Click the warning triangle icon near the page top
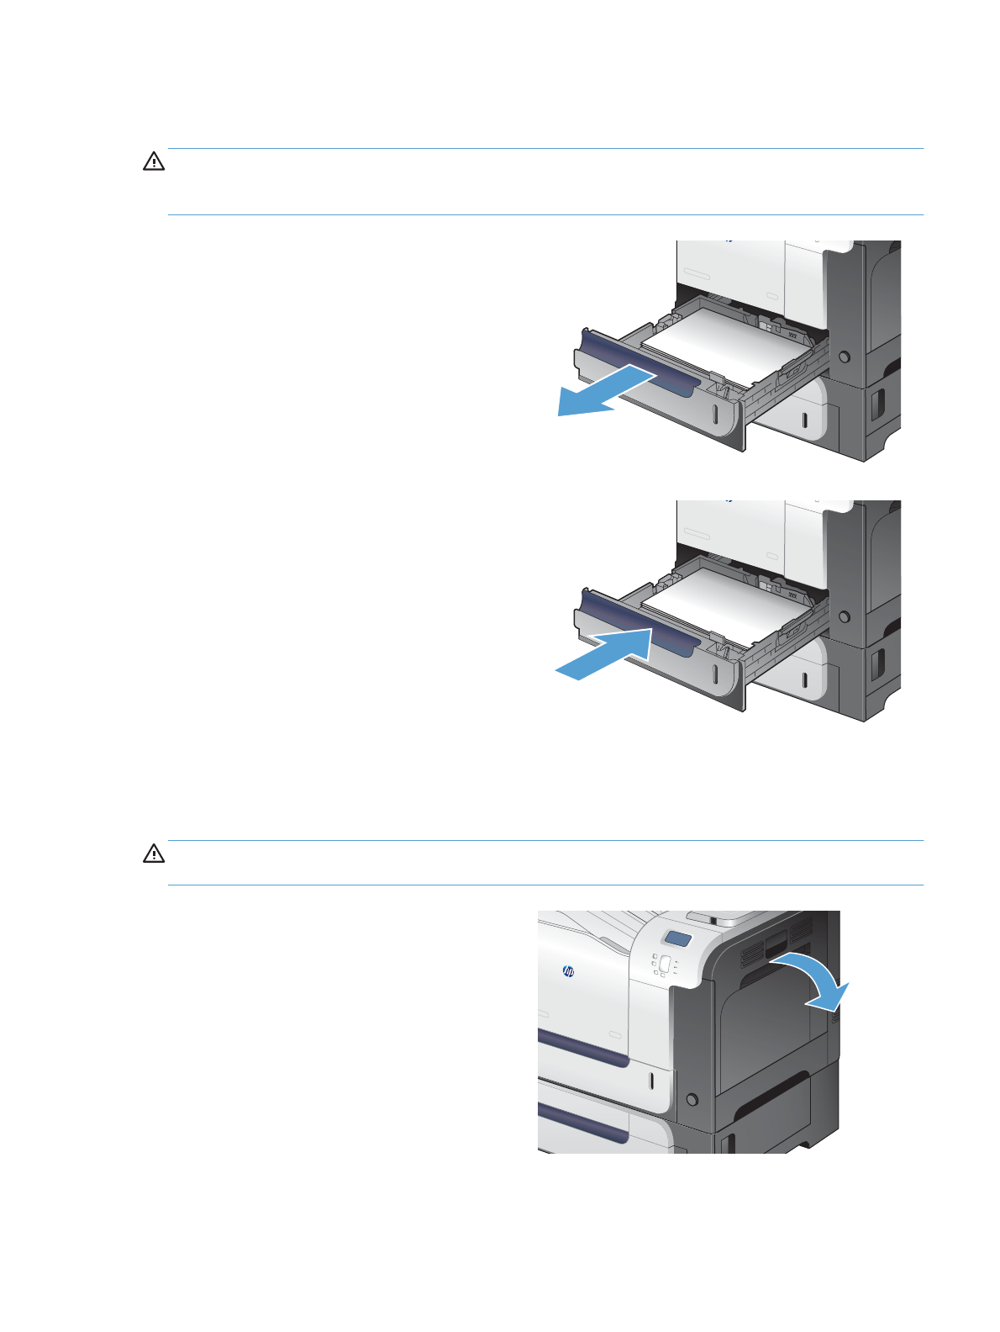[154, 162]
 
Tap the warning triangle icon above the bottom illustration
[154, 854]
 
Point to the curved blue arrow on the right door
[815, 980]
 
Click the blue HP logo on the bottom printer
[567, 972]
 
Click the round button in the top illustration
[845, 357]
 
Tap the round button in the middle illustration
[845, 617]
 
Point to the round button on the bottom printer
[692, 1099]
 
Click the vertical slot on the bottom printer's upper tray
[651, 1081]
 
